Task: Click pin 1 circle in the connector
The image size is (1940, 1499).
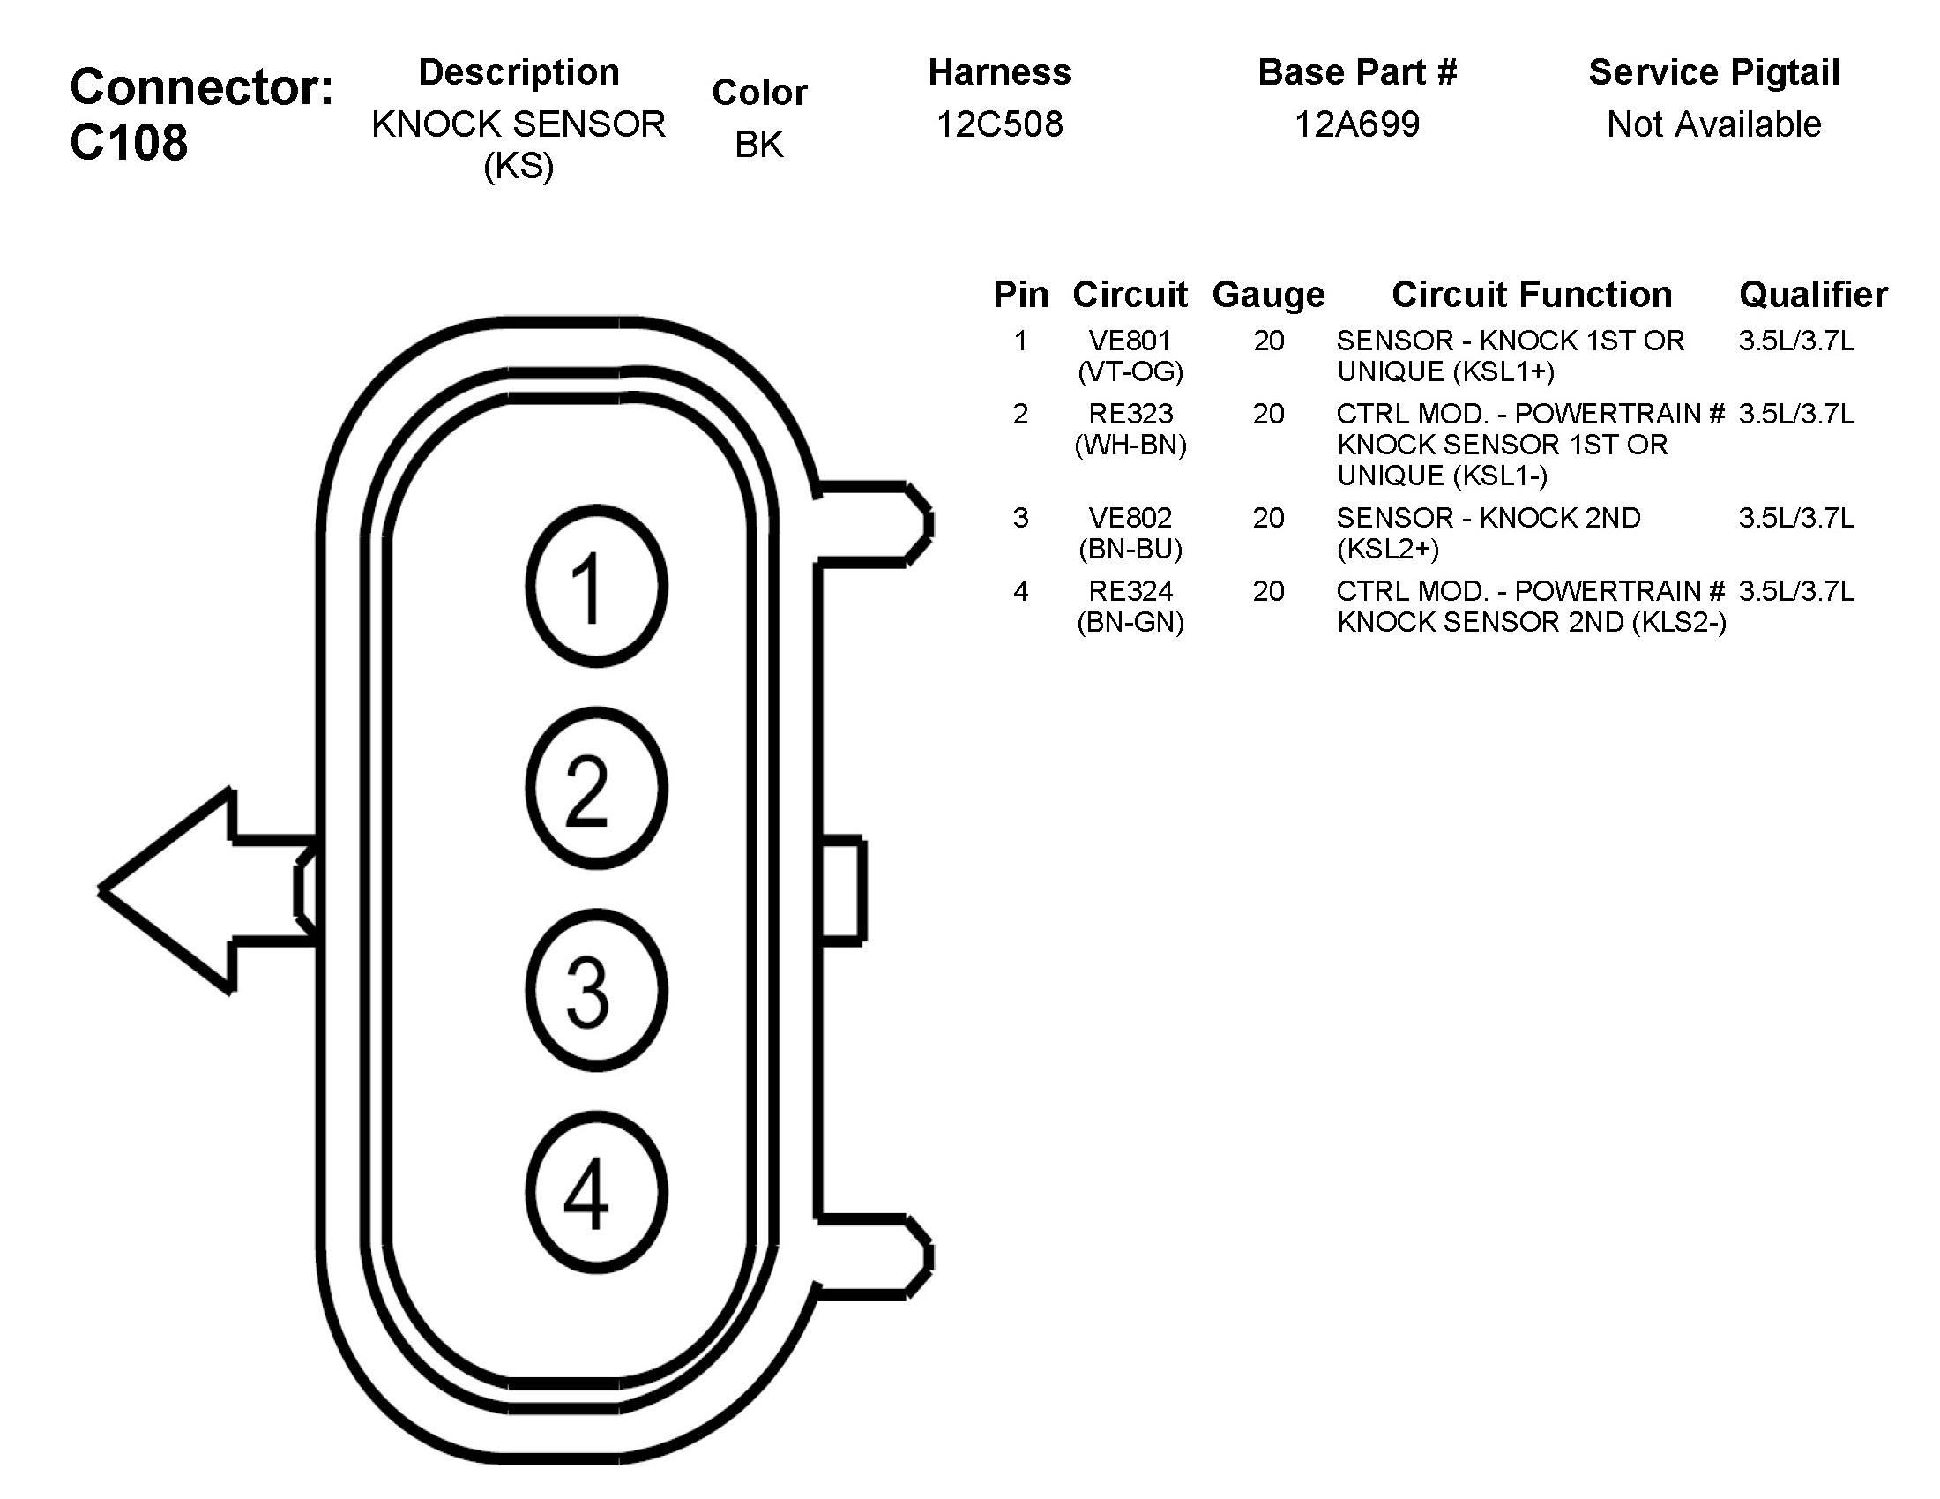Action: [596, 587]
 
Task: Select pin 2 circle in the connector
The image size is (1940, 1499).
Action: [596, 788]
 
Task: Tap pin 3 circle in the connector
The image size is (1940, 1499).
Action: [596, 990]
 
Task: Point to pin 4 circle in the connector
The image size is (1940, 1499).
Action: [596, 1193]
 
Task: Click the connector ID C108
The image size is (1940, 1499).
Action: [129, 142]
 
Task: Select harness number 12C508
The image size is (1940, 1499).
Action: [999, 124]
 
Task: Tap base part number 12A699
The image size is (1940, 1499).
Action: [1356, 124]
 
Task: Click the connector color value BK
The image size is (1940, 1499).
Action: [758, 145]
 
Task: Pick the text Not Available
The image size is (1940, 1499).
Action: [1713, 124]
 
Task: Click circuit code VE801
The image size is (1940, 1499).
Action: [1130, 341]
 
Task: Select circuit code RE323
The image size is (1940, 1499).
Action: [1130, 413]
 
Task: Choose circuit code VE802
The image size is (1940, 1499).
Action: [1130, 517]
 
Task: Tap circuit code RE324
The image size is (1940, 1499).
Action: [1130, 591]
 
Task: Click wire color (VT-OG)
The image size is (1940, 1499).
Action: [1130, 371]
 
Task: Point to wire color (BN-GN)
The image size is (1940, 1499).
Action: [1130, 622]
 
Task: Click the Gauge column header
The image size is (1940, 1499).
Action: [1267, 295]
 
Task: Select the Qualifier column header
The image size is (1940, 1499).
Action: [1812, 295]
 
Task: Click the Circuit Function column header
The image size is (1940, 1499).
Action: [1532, 295]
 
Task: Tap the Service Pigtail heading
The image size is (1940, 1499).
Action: [1713, 73]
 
